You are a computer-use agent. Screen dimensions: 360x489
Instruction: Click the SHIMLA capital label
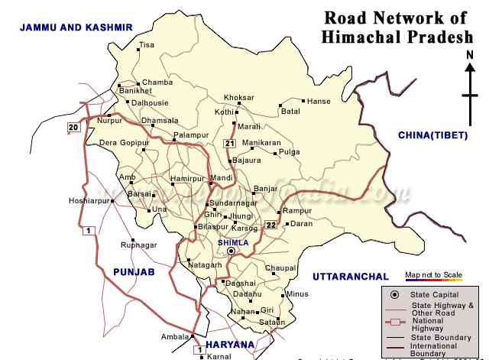pyautogui.click(x=231, y=242)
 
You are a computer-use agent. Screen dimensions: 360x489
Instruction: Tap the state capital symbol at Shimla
pyautogui.click(x=232, y=251)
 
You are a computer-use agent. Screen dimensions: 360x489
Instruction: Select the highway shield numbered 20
pyautogui.click(x=73, y=127)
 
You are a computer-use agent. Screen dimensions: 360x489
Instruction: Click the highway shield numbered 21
pyautogui.click(x=229, y=143)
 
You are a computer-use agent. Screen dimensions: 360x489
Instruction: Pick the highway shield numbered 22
pyautogui.click(x=271, y=225)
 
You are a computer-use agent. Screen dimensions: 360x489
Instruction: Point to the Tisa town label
pyautogui.click(x=147, y=45)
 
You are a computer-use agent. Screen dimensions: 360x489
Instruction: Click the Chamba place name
pyautogui.click(x=157, y=83)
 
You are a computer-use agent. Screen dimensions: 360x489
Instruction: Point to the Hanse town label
pyautogui.click(x=318, y=101)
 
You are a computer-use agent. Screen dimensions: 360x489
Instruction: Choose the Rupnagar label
pyautogui.click(x=138, y=245)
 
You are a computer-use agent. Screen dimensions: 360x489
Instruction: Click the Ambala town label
pyautogui.click(x=174, y=336)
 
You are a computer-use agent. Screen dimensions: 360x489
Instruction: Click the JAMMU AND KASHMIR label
pyautogui.click(x=76, y=27)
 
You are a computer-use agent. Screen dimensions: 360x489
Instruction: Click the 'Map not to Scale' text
pyautogui.click(x=433, y=274)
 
